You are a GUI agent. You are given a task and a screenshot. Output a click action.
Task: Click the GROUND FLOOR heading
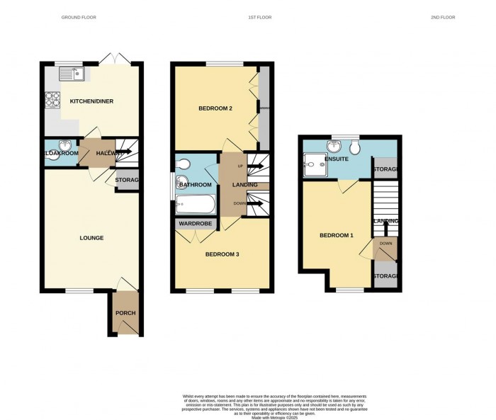[x=79, y=17]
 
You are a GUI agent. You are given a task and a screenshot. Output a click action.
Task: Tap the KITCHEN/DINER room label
[x=91, y=101]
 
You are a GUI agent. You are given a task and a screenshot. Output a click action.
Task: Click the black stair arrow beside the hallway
[x=129, y=149]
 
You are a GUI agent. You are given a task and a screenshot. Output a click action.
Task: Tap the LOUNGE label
[x=91, y=238]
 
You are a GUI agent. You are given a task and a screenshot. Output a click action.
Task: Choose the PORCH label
[x=125, y=313]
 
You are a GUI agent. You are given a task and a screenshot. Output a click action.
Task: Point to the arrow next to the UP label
[x=255, y=166]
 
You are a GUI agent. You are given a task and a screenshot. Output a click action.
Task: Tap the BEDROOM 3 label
[x=222, y=254]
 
